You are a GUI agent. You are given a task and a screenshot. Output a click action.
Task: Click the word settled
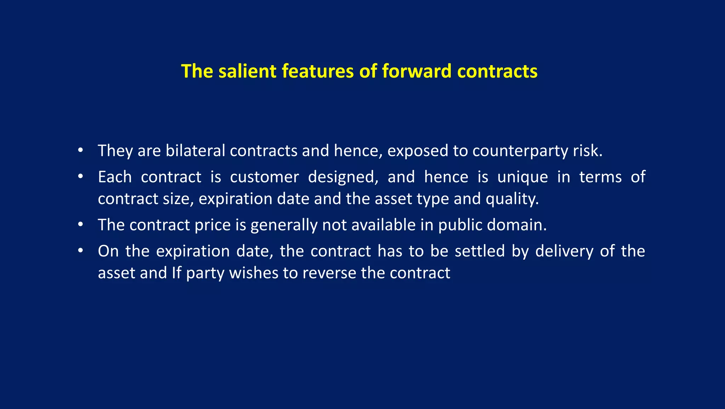point(480,251)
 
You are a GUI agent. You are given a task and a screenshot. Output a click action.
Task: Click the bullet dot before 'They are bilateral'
point(81,150)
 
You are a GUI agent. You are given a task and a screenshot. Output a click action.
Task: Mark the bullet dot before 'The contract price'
point(81,225)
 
